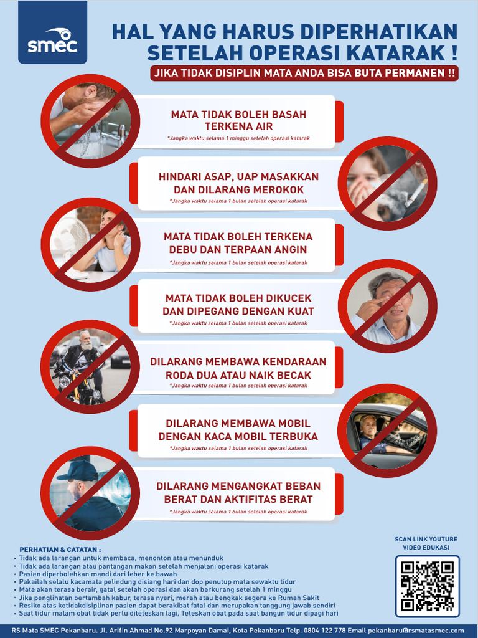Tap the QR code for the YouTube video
click(427, 585)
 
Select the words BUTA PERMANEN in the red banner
click(400, 73)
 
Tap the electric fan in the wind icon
click(69, 240)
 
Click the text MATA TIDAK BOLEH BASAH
click(238, 115)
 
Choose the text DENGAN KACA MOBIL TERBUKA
click(238, 436)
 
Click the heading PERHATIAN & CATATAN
click(60, 550)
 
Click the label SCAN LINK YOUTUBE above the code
click(426, 539)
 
